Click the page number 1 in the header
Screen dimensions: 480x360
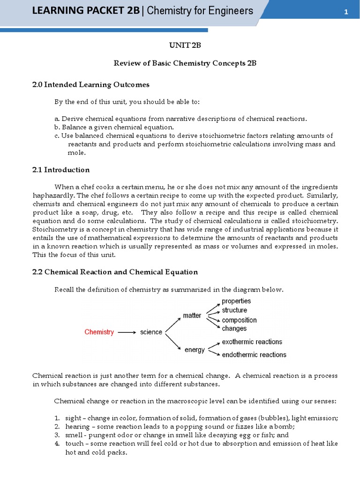pyautogui.click(x=346, y=12)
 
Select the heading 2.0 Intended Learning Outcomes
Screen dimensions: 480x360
pyautogui.click(x=91, y=84)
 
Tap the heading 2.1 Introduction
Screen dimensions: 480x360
pyautogui.click(x=61, y=170)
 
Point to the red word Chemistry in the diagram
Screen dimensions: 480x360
pyautogui.click(x=99, y=332)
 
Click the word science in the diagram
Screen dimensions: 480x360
pyautogui.click(x=151, y=332)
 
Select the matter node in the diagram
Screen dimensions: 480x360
pyautogui.click(x=192, y=315)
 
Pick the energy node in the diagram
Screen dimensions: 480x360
pyautogui.click(x=195, y=350)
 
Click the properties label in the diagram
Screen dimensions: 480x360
pyautogui.click(x=236, y=301)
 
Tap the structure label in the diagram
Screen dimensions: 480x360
pyautogui.click(x=234, y=310)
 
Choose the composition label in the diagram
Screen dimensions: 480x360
pyautogui.click(x=239, y=320)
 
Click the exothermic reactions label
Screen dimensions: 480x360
pyautogui.click(x=252, y=342)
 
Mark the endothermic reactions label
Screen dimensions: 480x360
pyautogui.click(x=254, y=355)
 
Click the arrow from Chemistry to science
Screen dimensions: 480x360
pyautogui.click(x=127, y=332)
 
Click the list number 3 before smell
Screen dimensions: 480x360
pyautogui.click(x=56, y=435)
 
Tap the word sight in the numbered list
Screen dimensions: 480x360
pyautogui.click(x=73, y=418)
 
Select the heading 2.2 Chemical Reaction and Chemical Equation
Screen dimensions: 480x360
pyautogui.click(x=115, y=272)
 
